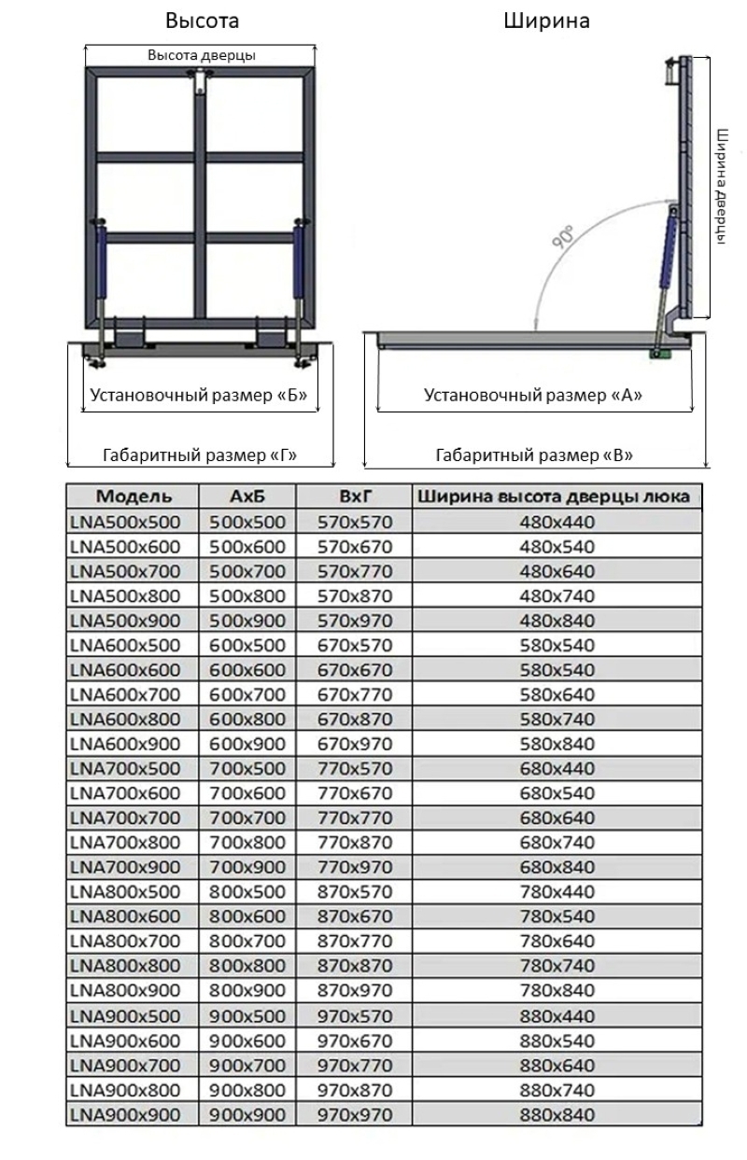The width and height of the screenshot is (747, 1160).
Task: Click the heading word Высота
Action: pyautogui.click(x=202, y=21)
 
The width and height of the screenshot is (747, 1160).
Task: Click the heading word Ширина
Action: pyautogui.click(x=547, y=21)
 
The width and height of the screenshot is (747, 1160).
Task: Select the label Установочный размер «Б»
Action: pyautogui.click(x=199, y=395)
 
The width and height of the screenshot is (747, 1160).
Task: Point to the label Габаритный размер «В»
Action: pyautogui.click(x=534, y=455)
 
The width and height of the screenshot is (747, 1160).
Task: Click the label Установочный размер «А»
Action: pyautogui.click(x=533, y=395)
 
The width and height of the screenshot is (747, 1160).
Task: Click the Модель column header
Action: pyautogui.click(x=134, y=496)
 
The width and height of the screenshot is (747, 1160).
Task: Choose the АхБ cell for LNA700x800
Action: pyautogui.click(x=247, y=843)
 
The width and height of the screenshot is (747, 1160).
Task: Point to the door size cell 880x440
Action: pyautogui.click(x=557, y=1014)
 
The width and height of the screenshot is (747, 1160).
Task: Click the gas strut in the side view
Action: pyautogui.click(x=667, y=257)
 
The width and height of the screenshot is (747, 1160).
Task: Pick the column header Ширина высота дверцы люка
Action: pyautogui.click(x=557, y=496)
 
